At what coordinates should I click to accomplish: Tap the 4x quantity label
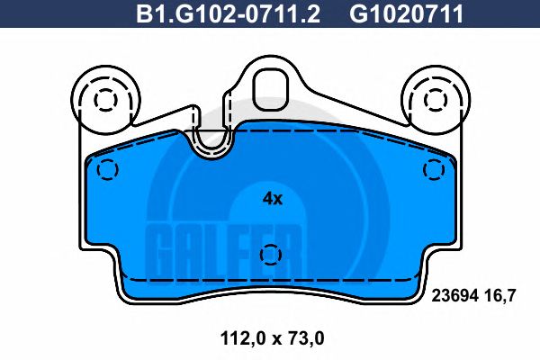coord(272,199)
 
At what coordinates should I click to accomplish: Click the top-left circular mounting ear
coord(105,98)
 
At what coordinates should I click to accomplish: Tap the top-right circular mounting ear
coord(435,98)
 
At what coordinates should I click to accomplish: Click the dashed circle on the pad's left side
coord(107,168)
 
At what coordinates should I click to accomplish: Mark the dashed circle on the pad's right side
coord(435,168)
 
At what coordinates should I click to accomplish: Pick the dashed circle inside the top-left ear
coord(105,98)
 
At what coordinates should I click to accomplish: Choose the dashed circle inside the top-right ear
coord(435,98)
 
